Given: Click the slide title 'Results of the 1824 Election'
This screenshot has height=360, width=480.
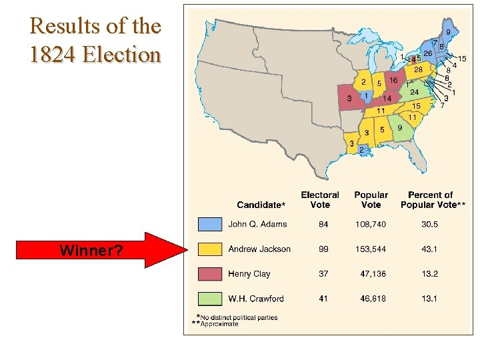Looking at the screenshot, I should (95, 39).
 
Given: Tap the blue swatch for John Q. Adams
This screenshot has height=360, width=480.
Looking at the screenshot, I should (209, 225).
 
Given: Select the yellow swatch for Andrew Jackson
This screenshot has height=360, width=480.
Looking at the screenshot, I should (209, 249).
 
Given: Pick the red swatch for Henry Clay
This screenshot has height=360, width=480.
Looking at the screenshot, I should (209, 274).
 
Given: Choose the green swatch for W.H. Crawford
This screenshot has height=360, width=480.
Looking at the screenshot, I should (209, 299).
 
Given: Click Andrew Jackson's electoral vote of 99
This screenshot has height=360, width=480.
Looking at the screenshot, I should (323, 249).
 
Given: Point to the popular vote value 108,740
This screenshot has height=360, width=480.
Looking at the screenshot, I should (371, 225).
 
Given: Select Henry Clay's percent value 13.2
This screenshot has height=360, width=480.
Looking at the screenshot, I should (430, 274).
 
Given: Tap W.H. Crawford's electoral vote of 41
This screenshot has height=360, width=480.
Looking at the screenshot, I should (323, 299).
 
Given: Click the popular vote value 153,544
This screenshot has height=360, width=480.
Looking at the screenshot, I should (371, 249).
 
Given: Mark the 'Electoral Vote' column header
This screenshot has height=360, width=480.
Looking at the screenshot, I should (320, 199).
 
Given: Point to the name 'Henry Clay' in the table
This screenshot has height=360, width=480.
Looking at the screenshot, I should (249, 274).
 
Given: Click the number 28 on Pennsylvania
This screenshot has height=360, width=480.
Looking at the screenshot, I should (419, 69).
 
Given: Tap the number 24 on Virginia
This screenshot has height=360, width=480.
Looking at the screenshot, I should (414, 92).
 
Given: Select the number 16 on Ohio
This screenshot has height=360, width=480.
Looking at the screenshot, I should (393, 81).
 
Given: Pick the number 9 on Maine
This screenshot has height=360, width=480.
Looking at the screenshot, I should (448, 31).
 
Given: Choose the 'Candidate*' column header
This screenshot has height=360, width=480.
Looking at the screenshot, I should (261, 204).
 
